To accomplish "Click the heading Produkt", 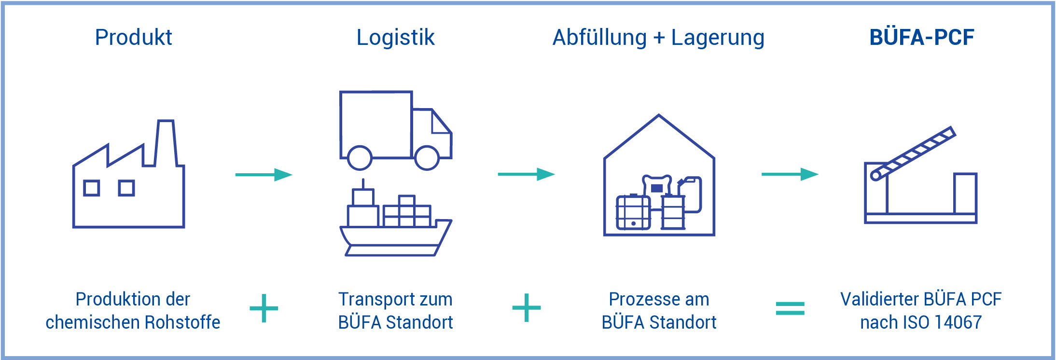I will pyautogui.click(x=133, y=38).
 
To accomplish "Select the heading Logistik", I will pyautogui.click(x=395, y=38).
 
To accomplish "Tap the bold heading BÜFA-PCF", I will pyautogui.click(x=921, y=38).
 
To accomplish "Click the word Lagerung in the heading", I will pyautogui.click(x=717, y=38).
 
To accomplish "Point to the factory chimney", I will pyautogui.click(x=165, y=143).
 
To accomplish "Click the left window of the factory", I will pyautogui.click(x=91, y=188).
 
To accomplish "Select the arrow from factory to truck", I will pyautogui.click(x=264, y=175).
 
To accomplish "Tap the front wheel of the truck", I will pyautogui.click(x=427, y=157).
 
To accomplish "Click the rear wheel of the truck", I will pyautogui.click(x=360, y=157).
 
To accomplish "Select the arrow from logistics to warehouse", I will pyautogui.click(x=526, y=174).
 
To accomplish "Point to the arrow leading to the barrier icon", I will pyautogui.click(x=790, y=174).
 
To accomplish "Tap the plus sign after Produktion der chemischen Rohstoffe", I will pyautogui.click(x=264, y=308).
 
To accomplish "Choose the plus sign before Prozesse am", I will pyautogui.click(x=527, y=308).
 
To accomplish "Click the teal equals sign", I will pyautogui.click(x=790, y=308).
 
